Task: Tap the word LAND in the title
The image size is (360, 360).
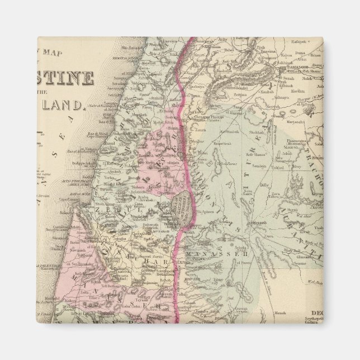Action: click(x=67, y=104)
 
